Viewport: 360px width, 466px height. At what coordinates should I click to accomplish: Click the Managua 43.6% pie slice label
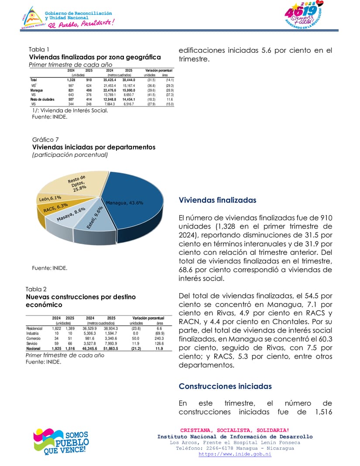(124, 203)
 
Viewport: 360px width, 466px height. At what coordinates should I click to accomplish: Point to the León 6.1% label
(50, 199)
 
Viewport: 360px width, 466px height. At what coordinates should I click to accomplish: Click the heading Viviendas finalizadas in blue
(217, 200)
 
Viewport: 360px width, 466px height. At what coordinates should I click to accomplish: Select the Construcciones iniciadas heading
(225, 386)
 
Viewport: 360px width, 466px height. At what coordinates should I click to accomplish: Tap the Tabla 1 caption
(39, 49)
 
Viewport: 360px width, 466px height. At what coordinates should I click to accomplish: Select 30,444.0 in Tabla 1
(129, 80)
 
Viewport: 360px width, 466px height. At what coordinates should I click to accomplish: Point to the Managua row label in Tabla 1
(36, 90)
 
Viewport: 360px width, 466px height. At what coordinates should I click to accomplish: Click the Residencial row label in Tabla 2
(34, 328)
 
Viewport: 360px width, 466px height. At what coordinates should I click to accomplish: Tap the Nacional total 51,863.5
(111, 349)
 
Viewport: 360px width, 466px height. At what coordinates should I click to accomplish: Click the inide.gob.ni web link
(235, 454)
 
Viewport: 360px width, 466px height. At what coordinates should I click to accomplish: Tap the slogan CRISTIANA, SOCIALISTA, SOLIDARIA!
(235, 430)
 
